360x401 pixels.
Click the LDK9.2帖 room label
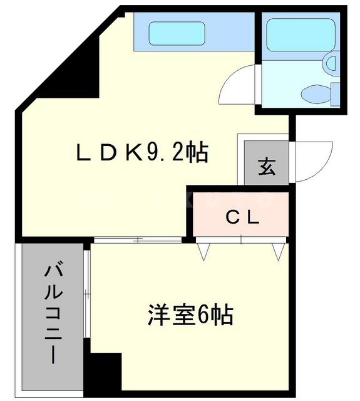[x=142, y=152]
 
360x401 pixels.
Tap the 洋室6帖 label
[x=191, y=315]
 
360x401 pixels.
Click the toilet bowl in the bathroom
[x=316, y=95]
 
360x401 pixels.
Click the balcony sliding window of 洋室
[x=88, y=294]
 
